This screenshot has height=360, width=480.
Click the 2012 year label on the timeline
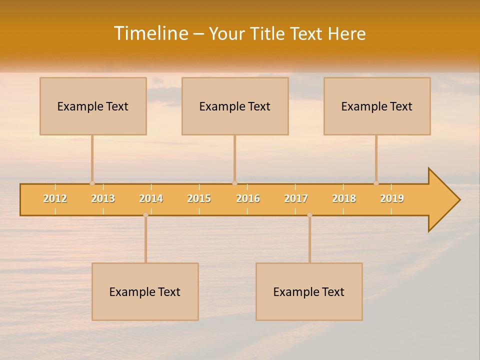click(x=55, y=198)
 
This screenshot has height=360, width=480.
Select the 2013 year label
click(x=103, y=198)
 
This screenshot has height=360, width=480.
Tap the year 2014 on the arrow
click(x=151, y=198)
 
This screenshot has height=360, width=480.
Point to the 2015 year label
click(x=199, y=198)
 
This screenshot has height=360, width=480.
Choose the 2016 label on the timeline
click(x=248, y=198)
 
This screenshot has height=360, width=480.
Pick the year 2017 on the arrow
click(x=296, y=198)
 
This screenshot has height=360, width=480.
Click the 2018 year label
click(x=344, y=198)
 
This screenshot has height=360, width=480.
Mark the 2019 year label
click(x=392, y=198)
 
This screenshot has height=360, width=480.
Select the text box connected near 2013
click(x=93, y=106)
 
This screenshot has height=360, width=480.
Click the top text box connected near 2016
click(x=235, y=106)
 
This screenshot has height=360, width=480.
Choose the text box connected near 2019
click(x=377, y=106)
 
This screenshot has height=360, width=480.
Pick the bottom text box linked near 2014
click(x=145, y=291)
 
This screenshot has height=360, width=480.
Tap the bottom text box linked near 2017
click(x=309, y=291)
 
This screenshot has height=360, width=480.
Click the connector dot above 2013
click(x=92, y=183)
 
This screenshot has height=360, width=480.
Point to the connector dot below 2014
click(x=145, y=215)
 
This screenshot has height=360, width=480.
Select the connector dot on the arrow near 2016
click(x=234, y=183)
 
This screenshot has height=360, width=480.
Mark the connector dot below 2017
click(x=309, y=215)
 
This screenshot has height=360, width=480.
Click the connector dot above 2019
click(x=376, y=183)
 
